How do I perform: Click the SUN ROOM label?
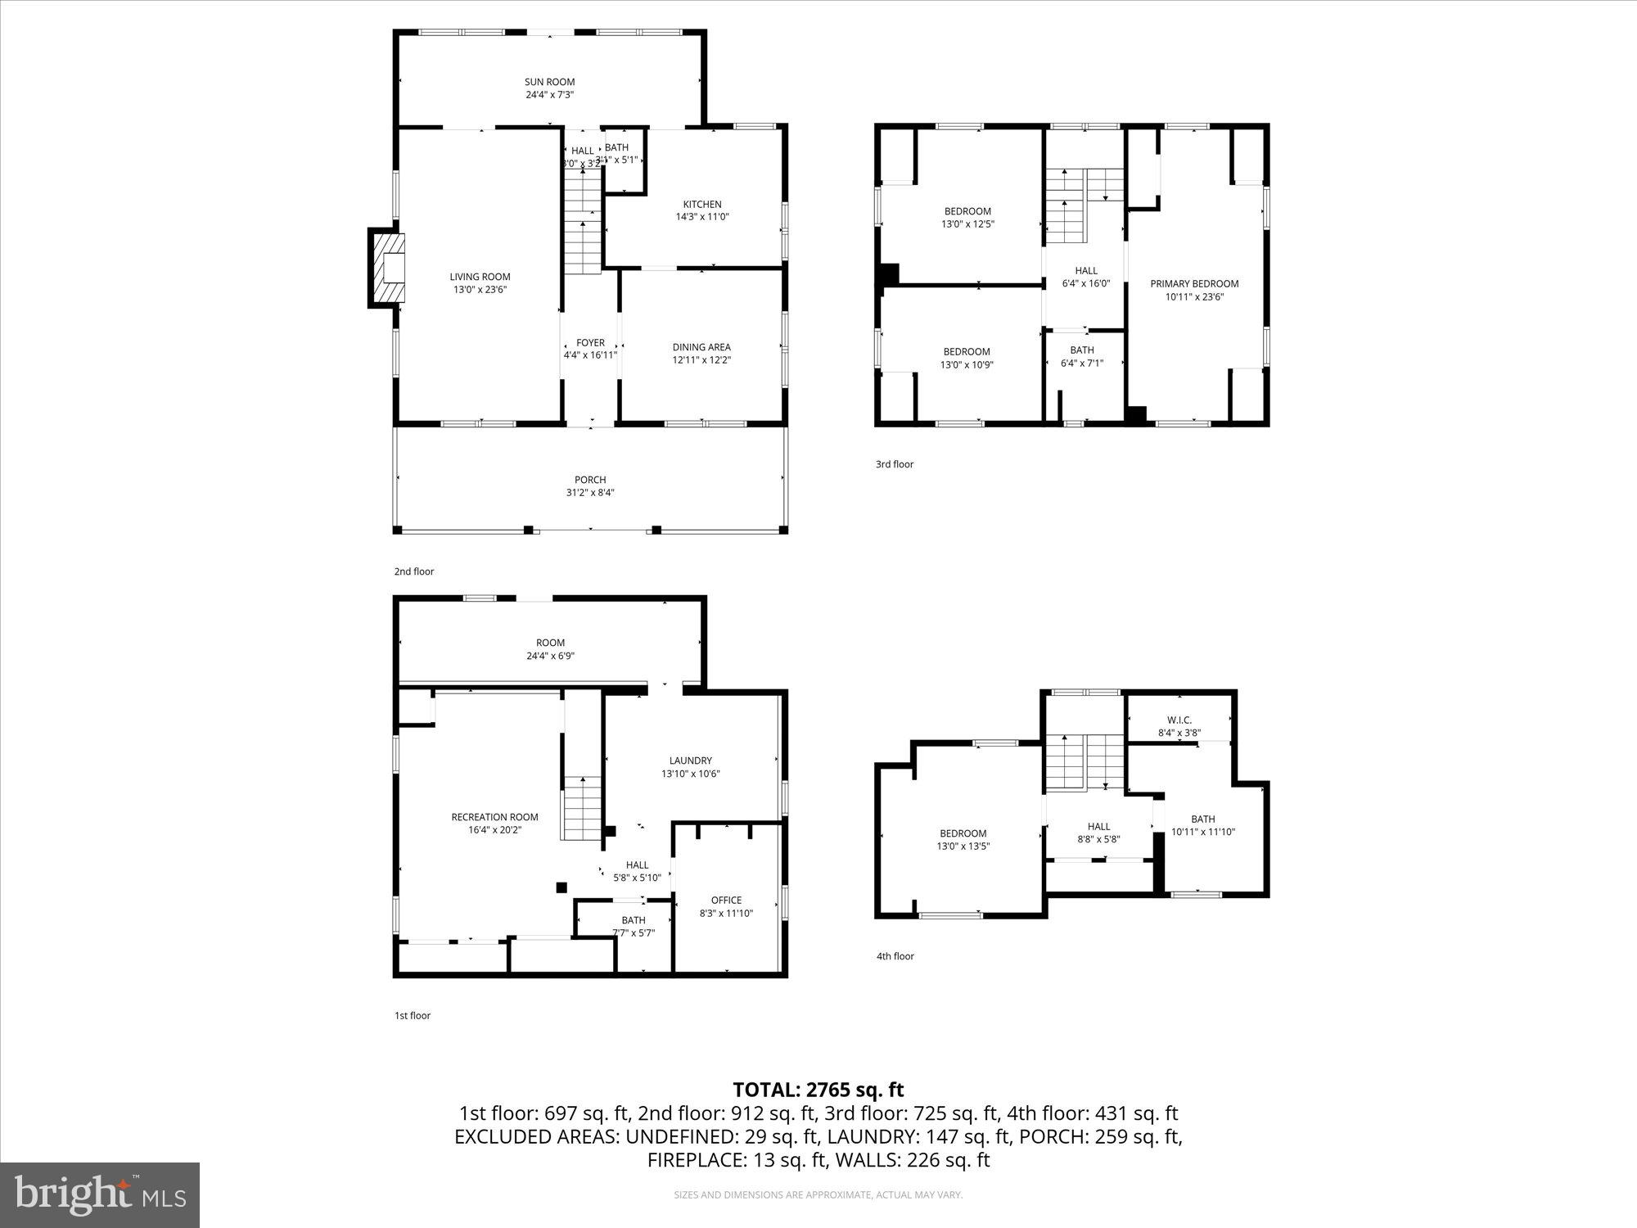(549, 82)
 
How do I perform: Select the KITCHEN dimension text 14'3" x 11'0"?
(701, 218)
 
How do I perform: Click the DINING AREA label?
(701, 347)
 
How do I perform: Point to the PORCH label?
(589, 480)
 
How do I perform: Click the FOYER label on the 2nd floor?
(590, 343)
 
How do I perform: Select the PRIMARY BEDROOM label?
(1194, 284)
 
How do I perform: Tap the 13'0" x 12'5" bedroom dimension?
(967, 224)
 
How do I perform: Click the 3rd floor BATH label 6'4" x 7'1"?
(1081, 350)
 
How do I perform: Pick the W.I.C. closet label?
(1179, 720)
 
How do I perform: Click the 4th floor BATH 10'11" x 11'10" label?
(1202, 819)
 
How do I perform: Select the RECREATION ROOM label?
(494, 817)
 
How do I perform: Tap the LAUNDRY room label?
(690, 761)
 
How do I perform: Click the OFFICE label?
(726, 901)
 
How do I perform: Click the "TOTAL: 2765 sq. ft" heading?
(818, 1090)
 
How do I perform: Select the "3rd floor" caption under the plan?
(894, 464)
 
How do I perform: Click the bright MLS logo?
(100, 1195)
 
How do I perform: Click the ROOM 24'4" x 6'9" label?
(550, 643)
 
